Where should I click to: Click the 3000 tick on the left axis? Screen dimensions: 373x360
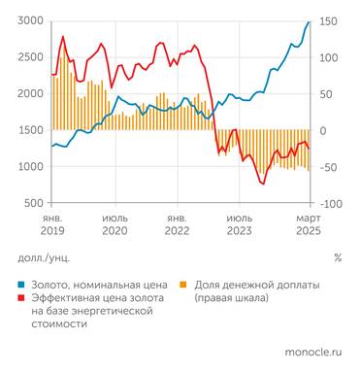(28, 20)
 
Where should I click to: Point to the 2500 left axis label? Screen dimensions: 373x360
(28, 57)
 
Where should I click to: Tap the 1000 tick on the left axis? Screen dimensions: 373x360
(28, 167)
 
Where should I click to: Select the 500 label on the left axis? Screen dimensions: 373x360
(32, 203)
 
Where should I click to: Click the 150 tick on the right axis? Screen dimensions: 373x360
(327, 20)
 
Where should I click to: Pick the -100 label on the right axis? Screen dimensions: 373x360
(329, 203)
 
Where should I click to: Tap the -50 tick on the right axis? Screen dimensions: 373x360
(327, 167)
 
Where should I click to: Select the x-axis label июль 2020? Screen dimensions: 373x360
(115, 224)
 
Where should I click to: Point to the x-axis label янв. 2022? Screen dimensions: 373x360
(178, 224)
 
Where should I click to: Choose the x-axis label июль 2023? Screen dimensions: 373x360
(242, 224)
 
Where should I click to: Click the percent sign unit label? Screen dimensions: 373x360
(337, 258)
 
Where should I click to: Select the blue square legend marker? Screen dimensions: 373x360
(22, 284)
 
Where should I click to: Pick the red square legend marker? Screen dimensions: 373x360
(22, 298)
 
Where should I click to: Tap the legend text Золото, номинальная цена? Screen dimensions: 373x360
(96, 284)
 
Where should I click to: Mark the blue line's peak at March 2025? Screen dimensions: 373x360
(309, 21)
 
